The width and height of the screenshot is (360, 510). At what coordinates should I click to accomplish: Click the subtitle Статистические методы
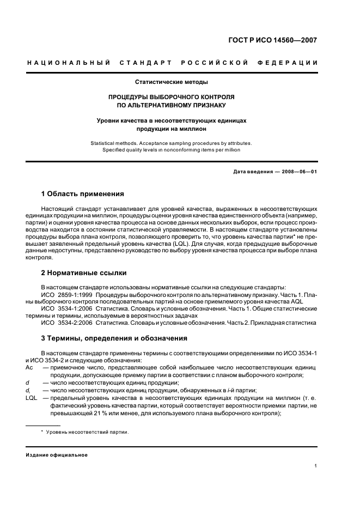(x=172, y=82)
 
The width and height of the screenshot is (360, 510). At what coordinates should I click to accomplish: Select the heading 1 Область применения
(x=82, y=194)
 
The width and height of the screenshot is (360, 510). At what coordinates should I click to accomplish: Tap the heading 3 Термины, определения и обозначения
(x=114, y=338)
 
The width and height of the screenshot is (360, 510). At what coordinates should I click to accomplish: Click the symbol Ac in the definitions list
(x=29, y=368)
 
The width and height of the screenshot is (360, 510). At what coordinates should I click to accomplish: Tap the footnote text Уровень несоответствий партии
(x=87, y=432)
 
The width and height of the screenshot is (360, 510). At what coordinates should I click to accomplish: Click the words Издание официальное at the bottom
(x=57, y=455)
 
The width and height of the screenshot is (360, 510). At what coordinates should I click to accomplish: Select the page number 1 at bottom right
(x=316, y=466)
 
